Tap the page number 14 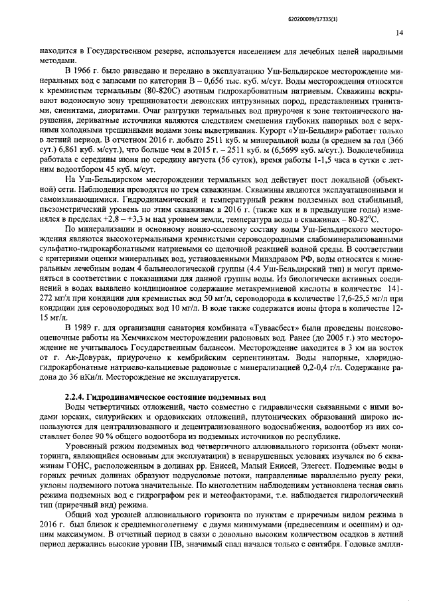[x=399, y=31]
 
